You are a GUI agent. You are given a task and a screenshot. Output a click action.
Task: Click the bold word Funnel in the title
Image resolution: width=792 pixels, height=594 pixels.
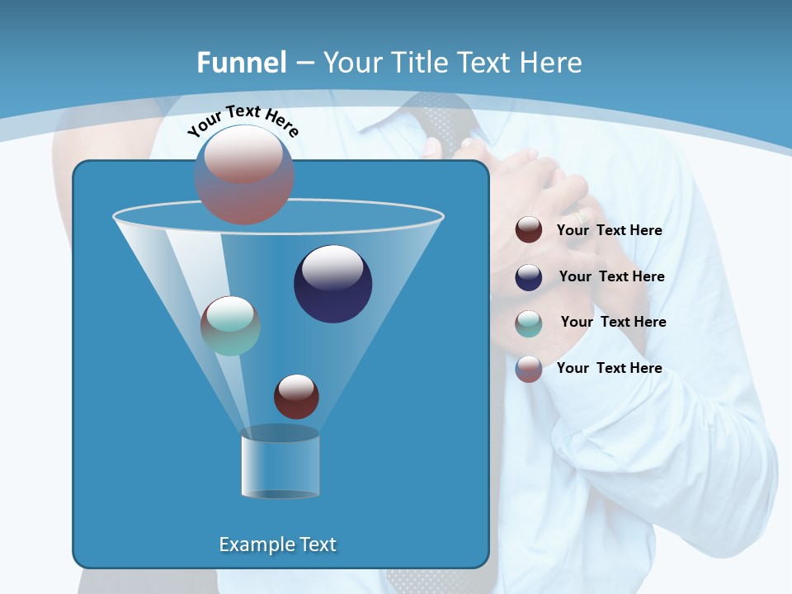(241, 62)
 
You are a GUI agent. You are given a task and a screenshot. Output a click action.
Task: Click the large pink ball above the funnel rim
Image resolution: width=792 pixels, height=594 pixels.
(244, 174)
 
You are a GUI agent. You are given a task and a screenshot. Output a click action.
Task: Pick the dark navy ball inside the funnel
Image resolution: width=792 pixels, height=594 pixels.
(332, 283)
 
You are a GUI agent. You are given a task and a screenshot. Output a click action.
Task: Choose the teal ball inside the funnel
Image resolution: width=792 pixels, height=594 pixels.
(230, 325)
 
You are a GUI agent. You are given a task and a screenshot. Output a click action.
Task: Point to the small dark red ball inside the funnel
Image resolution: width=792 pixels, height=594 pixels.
(296, 396)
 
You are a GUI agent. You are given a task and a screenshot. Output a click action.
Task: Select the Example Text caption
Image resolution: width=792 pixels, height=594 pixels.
(277, 544)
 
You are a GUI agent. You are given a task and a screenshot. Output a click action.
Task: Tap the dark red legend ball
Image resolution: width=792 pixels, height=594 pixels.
(529, 229)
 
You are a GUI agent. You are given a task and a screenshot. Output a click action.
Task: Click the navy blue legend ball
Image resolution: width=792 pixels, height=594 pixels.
(529, 277)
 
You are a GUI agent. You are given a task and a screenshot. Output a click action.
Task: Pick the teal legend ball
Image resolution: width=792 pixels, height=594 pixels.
(529, 323)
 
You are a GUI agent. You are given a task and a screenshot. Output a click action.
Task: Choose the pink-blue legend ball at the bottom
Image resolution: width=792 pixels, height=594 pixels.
(529, 369)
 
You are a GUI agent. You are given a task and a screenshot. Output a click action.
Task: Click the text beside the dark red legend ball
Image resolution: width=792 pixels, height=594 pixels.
(609, 231)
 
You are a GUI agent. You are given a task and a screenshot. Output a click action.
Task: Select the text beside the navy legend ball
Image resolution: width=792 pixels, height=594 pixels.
(611, 277)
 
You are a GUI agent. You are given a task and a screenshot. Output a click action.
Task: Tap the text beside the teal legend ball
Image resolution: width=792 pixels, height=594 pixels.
(613, 323)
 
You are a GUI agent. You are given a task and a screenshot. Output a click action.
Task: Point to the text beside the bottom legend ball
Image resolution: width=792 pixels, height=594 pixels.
(609, 368)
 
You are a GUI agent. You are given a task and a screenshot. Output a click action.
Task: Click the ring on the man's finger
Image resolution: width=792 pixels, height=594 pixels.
(583, 216)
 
